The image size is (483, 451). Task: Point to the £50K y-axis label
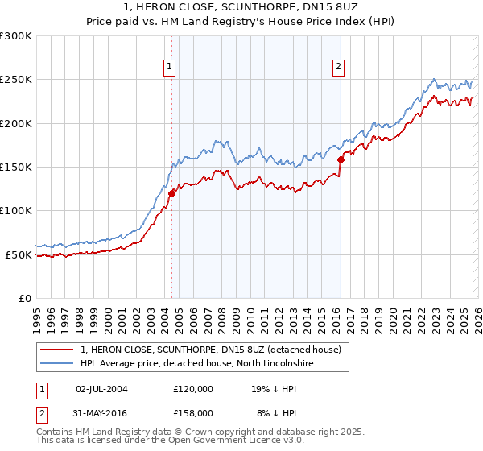[x=19, y=254]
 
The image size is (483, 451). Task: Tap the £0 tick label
[x=25, y=298]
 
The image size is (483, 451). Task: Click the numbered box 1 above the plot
[x=171, y=67]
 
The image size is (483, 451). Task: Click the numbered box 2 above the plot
[x=339, y=67]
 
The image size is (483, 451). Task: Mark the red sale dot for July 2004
[x=171, y=193]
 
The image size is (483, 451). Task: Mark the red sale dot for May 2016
[x=341, y=159]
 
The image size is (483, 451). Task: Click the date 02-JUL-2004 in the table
[x=101, y=389]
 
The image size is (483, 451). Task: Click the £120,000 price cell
[x=193, y=389]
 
